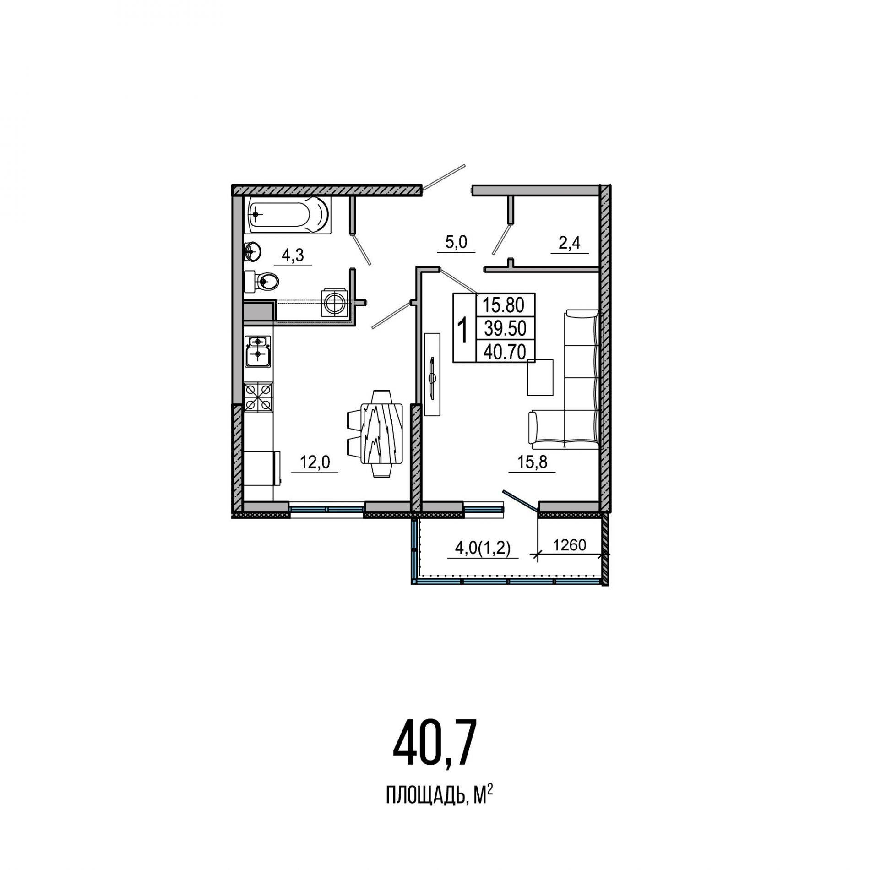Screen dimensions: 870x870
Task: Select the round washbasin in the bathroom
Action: click(x=252, y=251)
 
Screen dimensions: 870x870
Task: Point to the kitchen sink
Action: click(x=259, y=351)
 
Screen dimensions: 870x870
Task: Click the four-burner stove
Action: click(x=259, y=397)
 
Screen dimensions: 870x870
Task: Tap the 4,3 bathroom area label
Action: click(x=293, y=256)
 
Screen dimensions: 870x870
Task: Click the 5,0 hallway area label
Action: click(x=456, y=242)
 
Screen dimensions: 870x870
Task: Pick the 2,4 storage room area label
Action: click(x=569, y=243)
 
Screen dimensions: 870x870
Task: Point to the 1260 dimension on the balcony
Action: click(x=570, y=545)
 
